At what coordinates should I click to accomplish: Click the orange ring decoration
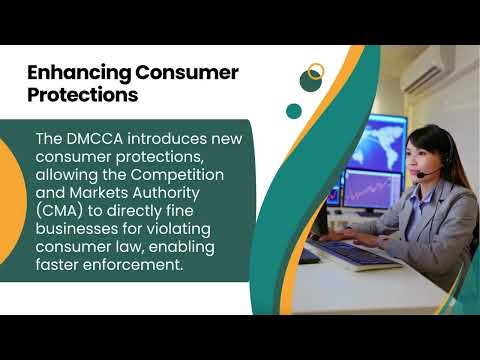[316, 72]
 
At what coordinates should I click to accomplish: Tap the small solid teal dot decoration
[293, 111]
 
